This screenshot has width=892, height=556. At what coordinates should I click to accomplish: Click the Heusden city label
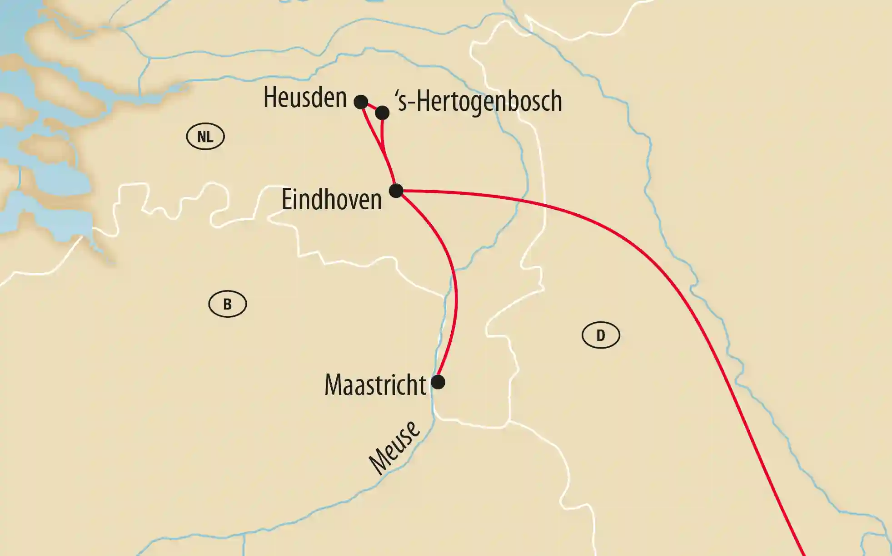(x=305, y=98)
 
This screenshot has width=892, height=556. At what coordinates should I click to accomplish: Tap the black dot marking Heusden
(x=361, y=102)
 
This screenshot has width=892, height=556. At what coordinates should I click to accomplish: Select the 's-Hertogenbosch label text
(x=479, y=101)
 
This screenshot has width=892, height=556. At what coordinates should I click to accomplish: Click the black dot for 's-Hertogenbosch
(x=382, y=113)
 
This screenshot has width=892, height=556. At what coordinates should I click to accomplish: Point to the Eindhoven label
(x=331, y=200)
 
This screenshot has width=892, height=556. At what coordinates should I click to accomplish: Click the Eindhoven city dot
(x=396, y=191)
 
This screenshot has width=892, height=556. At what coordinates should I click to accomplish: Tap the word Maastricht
(x=375, y=385)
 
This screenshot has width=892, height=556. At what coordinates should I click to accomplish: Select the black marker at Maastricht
(x=438, y=382)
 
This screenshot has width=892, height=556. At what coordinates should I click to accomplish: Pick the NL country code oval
(x=205, y=136)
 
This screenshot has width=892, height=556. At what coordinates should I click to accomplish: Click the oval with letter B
(x=228, y=304)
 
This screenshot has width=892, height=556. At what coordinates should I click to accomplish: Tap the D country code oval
(x=601, y=335)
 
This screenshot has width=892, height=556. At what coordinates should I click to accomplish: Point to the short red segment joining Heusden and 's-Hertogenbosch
(x=372, y=107)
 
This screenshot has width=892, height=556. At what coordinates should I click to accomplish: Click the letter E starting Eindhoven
(x=286, y=200)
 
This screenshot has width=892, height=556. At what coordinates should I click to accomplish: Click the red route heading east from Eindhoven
(x=545, y=204)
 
